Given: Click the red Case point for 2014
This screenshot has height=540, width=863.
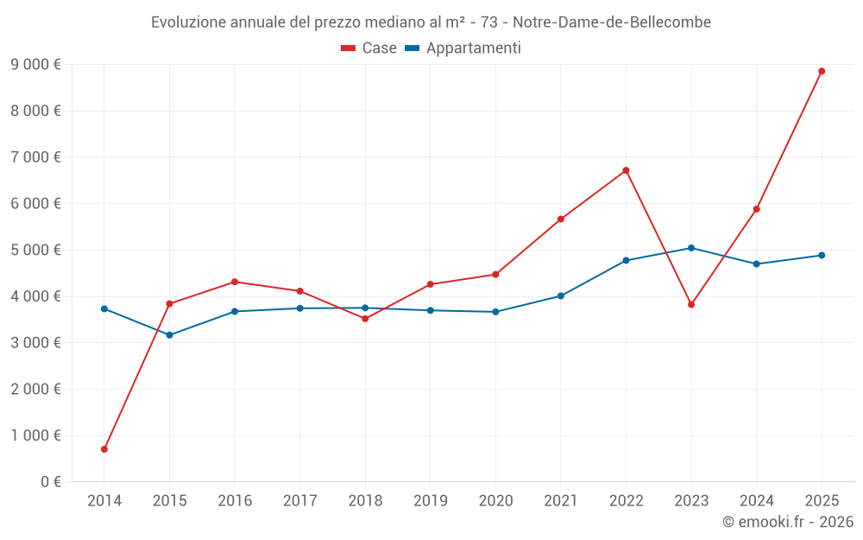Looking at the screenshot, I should [x=104, y=449].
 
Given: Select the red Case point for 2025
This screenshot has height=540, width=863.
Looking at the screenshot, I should [x=822, y=71].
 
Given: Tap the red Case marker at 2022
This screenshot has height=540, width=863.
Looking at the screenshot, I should [x=626, y=170].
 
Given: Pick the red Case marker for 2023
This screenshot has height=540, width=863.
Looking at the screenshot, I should [x=691, y=304].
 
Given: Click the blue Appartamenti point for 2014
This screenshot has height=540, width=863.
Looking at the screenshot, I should [x=104, y=308].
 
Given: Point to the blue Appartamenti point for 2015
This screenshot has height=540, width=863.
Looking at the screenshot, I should [x=169, y=334].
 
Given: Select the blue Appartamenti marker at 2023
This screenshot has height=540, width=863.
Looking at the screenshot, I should [x=691, y=248].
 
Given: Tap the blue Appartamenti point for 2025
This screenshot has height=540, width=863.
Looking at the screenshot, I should [x=822, y=255].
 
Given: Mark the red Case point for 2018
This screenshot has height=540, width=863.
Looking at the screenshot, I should [x=365, y=319].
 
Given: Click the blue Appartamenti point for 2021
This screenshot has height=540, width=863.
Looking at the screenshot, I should [x=561, y=295].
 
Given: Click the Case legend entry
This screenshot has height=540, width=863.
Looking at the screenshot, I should [x=369, y=48].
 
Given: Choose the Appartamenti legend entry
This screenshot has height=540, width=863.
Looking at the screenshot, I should [x=463, y=48].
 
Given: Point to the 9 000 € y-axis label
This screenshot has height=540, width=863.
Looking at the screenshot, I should [x=35, y=64].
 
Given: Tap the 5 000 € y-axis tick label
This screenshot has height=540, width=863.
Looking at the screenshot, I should [x=35, y=250].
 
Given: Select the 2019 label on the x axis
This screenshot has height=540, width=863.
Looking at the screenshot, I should [x=430, y=501].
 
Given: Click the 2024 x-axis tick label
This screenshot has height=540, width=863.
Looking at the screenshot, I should [x=756, y=501].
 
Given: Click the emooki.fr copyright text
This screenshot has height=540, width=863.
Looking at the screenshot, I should [x=787, y=522].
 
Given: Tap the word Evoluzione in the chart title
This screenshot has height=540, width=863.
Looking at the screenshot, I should [x=186, y=22].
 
